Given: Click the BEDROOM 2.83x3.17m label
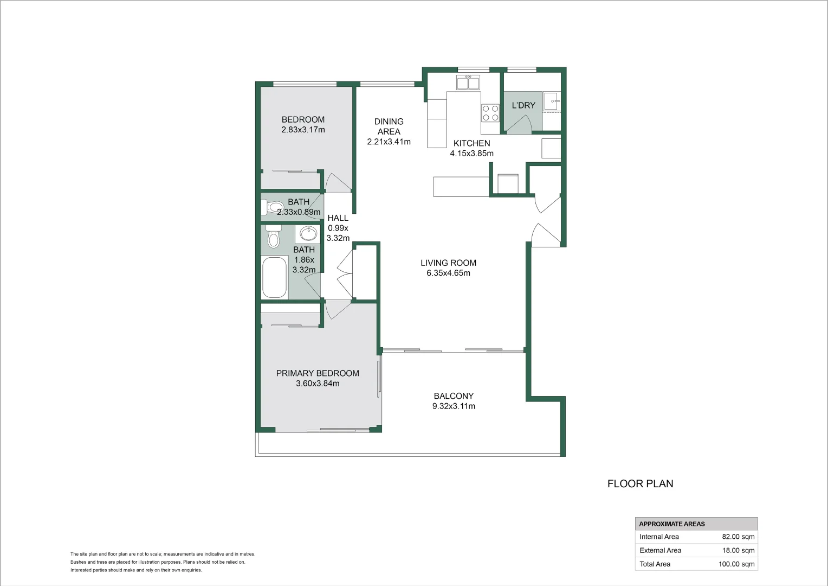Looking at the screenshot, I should pyautogui.click(x=303, y=125).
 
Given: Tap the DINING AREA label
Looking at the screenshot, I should pyautogui.click(x=389, y=126).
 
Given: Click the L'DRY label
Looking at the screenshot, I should pyautogui.click(x=523, y=105).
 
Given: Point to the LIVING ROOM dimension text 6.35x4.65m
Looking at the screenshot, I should pyautogui.click(x=448, y=273).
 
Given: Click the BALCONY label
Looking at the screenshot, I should pyautogui.click(x=454, y=396).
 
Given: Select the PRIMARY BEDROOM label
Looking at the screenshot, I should pyautogui.click(x=318, y=373).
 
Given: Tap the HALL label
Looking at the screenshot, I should pyautogui.click(x=338, y=218).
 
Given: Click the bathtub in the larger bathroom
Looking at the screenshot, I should pyautogui.click(x=274, y=277).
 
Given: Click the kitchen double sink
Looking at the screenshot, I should pyautogui.click(x=468, y=83).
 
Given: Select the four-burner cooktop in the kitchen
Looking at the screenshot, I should pyautogui.click(x=490, y=113).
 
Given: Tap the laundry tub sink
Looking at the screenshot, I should pyautogui.click(x=552, y=101).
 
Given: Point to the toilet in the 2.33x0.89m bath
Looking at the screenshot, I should pyautogui.click(x=267, y=207).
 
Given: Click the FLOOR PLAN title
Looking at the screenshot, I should pyautogui.click(x=640, y=483).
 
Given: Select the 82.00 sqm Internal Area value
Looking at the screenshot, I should pyautogui.click(x=738, y=537).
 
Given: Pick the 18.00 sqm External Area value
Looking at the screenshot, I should pyautogui.click(x=738, y=550).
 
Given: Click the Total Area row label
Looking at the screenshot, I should pyautogui.click(x=655, y=564).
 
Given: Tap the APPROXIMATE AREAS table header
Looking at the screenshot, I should pyautogui.click(x=672, y=524).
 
